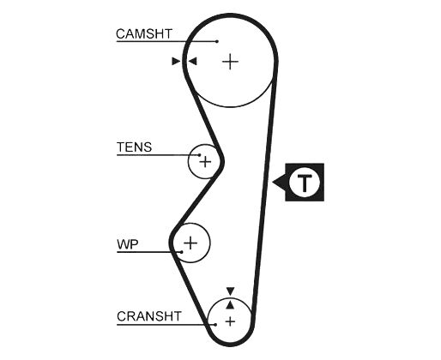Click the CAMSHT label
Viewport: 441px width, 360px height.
point(144,33)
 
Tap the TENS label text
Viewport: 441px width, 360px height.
point(134,147)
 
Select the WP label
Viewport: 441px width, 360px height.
point(128,244)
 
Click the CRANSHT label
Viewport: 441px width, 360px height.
point(149,316)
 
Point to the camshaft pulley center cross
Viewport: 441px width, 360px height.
point(230,62)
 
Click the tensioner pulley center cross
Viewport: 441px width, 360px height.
point(205,162)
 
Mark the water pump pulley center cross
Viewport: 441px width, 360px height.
point(190,243)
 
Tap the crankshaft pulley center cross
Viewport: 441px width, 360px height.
point(230,321)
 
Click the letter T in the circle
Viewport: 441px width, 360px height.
point(305,183)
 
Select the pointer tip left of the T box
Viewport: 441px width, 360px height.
point(273,182)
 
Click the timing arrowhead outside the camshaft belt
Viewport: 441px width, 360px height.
point(176,61)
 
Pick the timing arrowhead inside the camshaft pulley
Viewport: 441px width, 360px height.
point(192,61)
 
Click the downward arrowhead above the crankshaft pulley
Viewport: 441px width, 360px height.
point(230,291)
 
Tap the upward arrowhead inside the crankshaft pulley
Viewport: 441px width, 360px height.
point(230,305)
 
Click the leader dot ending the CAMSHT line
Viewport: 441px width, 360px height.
point(217,41)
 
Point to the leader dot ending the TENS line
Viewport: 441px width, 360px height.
point(200,155)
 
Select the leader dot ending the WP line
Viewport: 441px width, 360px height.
point(182,252)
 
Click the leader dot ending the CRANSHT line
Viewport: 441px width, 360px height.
point(215,325)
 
